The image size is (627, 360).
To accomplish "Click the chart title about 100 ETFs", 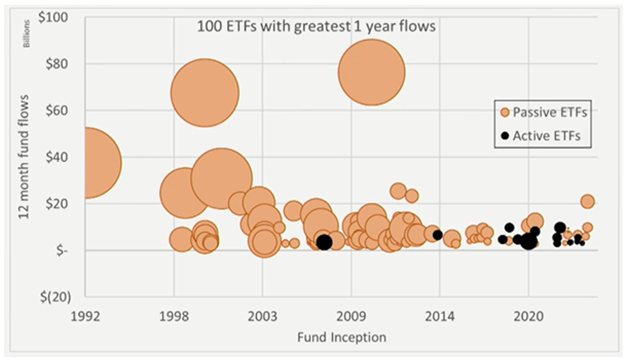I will (316, 26).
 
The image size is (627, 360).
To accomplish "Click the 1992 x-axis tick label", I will (85, 315).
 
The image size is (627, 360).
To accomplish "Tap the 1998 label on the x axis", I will (174, 315).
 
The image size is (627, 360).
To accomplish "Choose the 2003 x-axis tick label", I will (263, 315).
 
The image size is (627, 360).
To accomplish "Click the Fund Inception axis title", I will (341, 337).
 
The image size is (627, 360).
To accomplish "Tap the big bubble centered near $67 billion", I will (204, 93).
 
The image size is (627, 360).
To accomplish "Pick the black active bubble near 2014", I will (437, 235).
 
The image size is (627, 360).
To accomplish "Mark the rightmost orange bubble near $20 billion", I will (587, 201).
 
